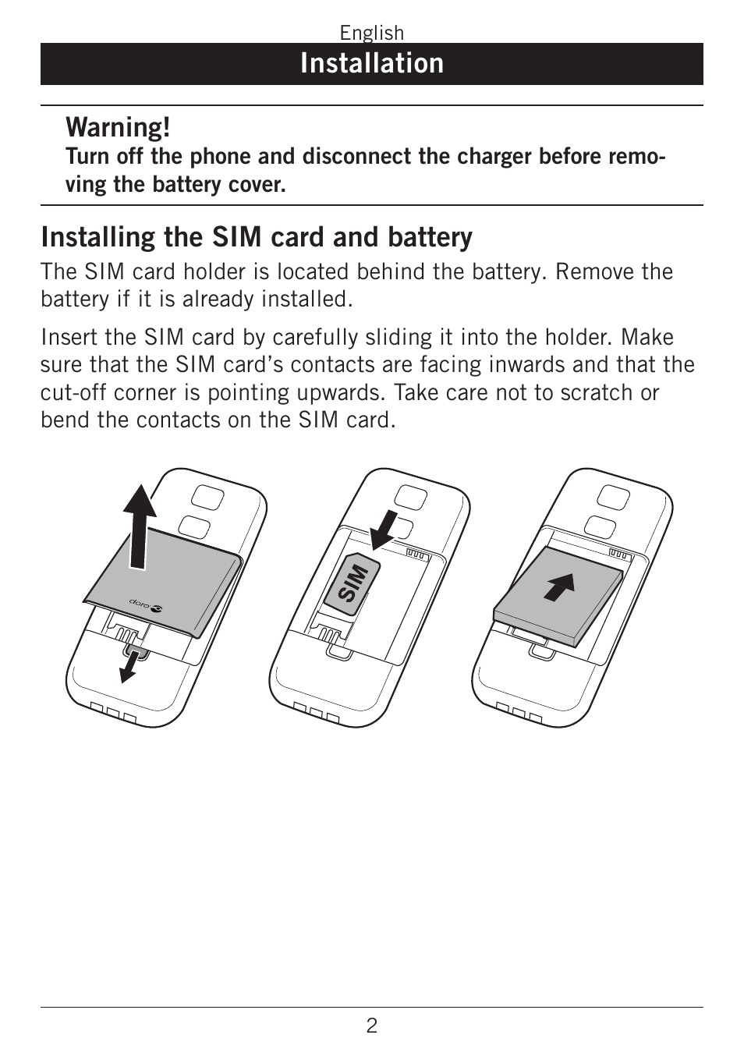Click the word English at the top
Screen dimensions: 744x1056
point(371,33)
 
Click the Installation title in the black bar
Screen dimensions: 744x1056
point(372,63)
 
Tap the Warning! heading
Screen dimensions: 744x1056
point(118,127)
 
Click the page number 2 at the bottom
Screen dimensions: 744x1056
point(371,1026)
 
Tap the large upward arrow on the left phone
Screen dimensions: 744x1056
point(139,526)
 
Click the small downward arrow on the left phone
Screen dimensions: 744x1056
point(130,666)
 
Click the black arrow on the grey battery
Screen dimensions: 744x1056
point(560,586)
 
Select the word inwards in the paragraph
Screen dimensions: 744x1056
point(526,364)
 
